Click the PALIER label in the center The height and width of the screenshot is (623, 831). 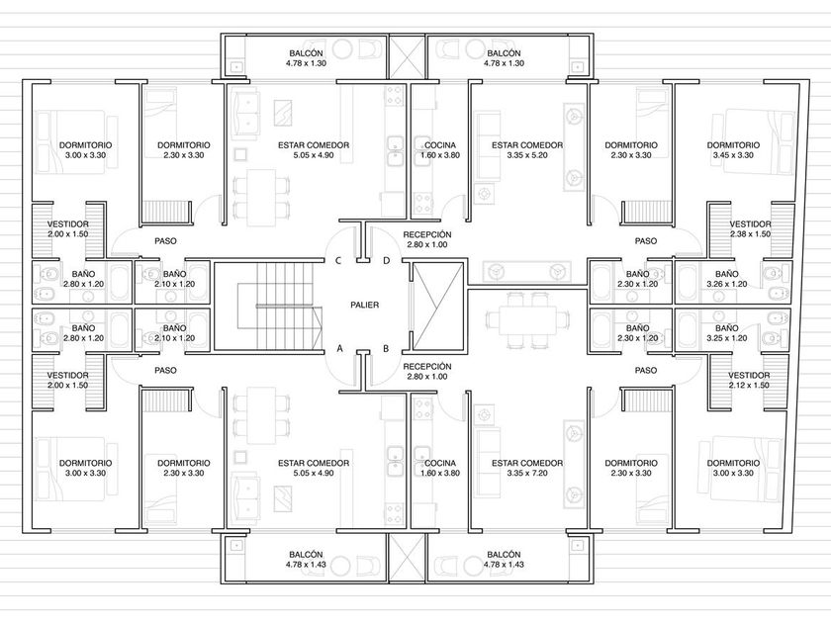[x=365, y=305]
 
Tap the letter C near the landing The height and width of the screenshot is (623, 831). [x=338, y=261]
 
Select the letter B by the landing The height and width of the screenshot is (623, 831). [x=386, y=348]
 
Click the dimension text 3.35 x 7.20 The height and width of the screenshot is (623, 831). [x=526, y=473]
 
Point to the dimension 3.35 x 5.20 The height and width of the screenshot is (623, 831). [x=526, y=155]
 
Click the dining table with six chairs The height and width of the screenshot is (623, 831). [x=526, y=320]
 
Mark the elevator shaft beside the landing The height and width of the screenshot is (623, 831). [x=438, y=307]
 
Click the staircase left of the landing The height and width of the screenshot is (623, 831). [x=268, y=307]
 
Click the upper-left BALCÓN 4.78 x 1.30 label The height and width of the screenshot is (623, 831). [x=306, y=58]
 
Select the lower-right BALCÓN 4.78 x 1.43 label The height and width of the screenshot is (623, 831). [x=504, y=560]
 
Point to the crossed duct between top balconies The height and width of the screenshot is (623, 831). [x=407, y=57]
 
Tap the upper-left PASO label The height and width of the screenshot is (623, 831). [x=165, y=241]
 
